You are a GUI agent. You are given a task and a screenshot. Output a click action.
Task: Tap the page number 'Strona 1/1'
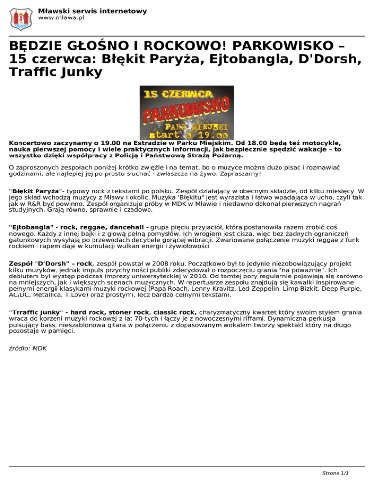pyautogui.click(x=337, y=472)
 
